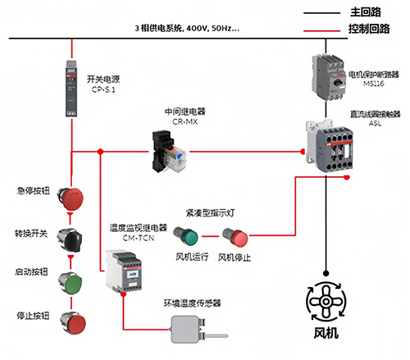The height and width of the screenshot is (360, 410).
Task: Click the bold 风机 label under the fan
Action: coord(326,335)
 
